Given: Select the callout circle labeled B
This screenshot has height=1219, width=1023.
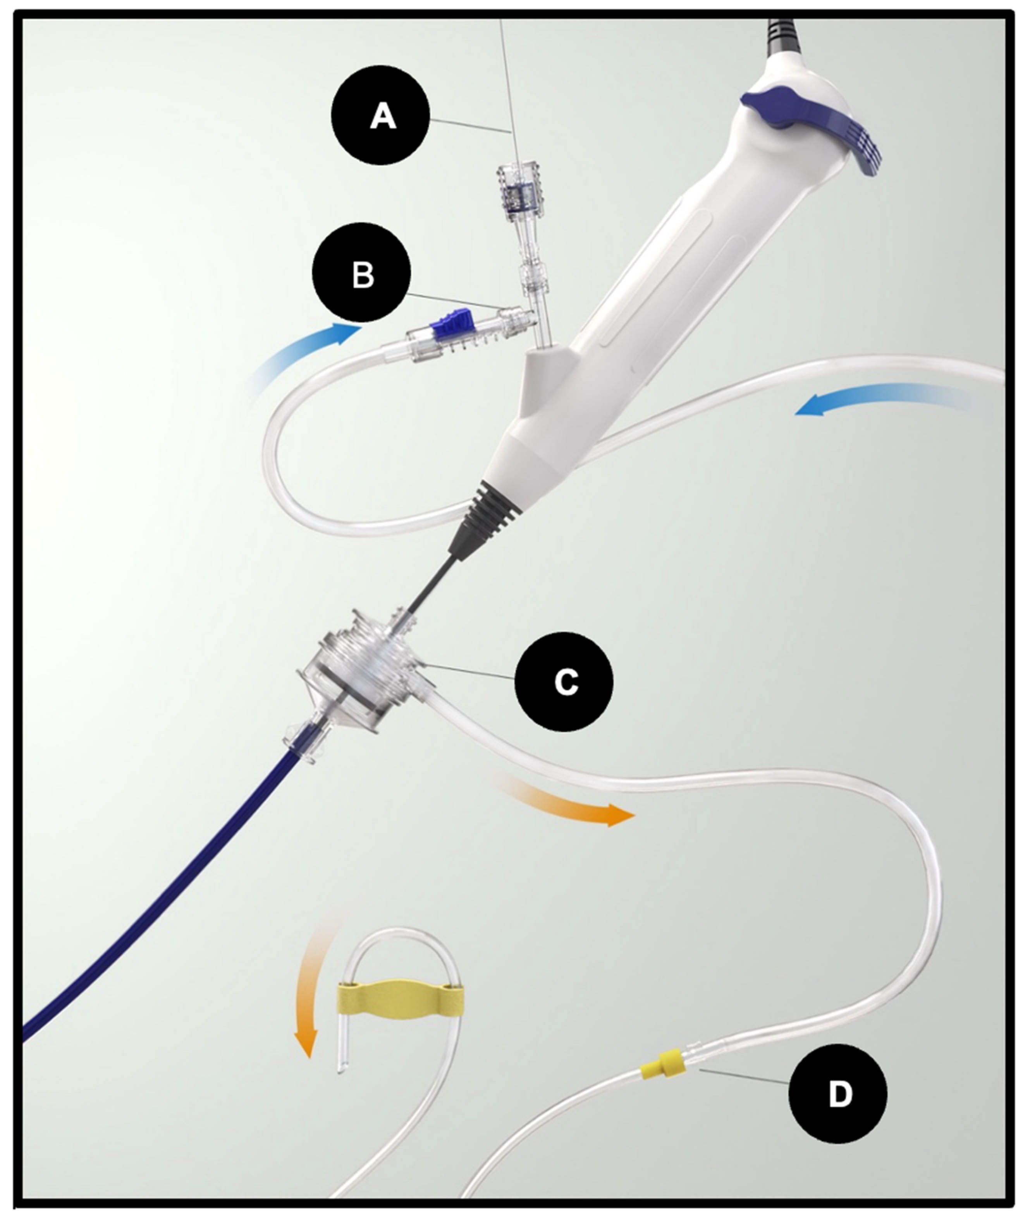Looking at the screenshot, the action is pyautogui.click(x=362, y=272).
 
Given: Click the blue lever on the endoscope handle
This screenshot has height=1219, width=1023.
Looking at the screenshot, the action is pyautogui.click(x=813, y=128).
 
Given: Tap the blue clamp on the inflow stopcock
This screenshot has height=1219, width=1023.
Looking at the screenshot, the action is pyautogui.click(x=448, y=325).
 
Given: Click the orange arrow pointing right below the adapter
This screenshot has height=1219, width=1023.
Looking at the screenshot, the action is pyautogui.click(x=566, y=801).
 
